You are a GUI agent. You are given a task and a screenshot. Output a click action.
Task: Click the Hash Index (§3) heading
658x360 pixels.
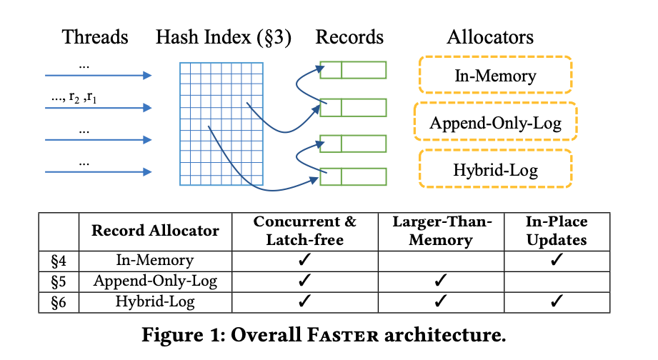click(224, 37)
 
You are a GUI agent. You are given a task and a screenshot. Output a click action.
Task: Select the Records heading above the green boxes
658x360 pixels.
click(349, 37)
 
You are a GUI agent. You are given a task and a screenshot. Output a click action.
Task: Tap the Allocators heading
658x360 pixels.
click(490, 37)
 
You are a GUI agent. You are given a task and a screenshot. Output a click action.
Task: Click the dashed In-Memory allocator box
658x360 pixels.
click(495, 75)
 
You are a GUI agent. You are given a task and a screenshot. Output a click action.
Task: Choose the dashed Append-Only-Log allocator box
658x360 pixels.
click(495, 123)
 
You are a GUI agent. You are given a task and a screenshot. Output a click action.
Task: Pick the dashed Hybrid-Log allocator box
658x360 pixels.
click(495, 170)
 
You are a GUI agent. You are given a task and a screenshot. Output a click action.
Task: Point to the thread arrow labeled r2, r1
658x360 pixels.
click(98, 108)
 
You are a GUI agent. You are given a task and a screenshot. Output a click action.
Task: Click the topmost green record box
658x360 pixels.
click(353, 70)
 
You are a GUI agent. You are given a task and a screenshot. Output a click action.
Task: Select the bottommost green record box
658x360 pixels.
click(353, 176)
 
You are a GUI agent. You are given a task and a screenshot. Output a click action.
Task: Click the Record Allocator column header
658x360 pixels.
click(155, 231)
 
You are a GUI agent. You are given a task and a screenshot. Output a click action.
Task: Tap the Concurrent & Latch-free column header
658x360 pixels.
click(305, 231)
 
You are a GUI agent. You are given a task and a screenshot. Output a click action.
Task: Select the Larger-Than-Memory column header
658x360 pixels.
click(441, 231)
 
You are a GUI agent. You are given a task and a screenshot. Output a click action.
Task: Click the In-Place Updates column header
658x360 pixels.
click(557, 231)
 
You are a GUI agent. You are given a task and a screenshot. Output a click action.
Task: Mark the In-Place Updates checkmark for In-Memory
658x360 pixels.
click(557, 261)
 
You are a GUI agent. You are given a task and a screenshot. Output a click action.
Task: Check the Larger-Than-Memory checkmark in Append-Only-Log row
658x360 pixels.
click(441, 281)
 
